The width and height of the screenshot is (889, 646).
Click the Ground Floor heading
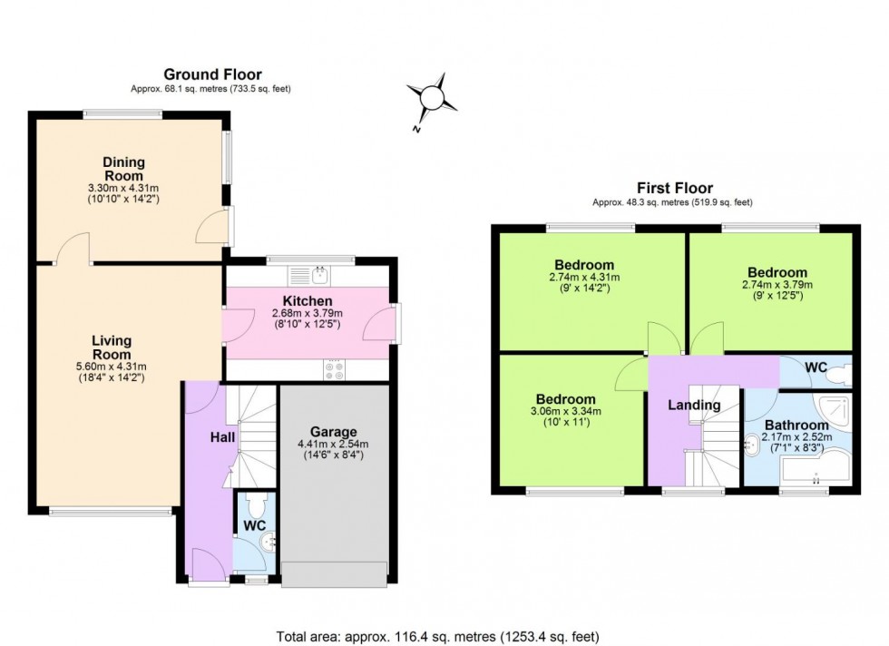(x=212, y=74)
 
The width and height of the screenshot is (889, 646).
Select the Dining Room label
(x=123, y=169)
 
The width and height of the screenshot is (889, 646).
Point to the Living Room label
(x=112, y=347)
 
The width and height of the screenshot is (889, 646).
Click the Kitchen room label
(x=308, y=300)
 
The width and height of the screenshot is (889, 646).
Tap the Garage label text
(x=334, y=431)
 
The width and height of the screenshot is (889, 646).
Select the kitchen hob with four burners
(x=333, y=370)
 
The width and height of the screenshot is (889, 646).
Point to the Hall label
(x=223, y=437)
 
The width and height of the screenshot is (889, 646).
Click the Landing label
(x=696, y=405)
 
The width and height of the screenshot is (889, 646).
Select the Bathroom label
(x=796, y=425)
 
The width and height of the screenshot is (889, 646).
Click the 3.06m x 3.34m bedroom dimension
(x=565, y=410)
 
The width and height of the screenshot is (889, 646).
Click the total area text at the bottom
(x=436, y=636)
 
